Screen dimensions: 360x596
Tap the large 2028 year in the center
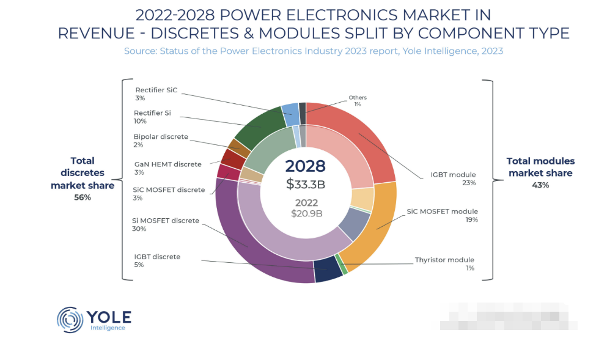pyautogui.click(x=306, y=166)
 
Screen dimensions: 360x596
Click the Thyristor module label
pyautogui.click(x=444, y=260)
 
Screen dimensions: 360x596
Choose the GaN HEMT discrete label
pyautogui.click(x=167, y=164)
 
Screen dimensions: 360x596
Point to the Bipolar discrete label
pyautogui.click(x=161, y=136)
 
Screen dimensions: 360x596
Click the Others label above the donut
pyautogui.click(x=358, y=98)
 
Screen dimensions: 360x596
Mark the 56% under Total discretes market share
pyautogui.click(x=82, y=197)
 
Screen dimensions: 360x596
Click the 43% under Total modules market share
pyautogui.click(x=540, y=185)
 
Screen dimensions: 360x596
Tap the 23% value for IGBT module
pyautogui.click(x=469, y=183)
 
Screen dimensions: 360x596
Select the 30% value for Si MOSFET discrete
pyautogui.click(x=139, y=229)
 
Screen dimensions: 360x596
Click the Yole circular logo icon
pyautogui.click(x=69, y=319)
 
